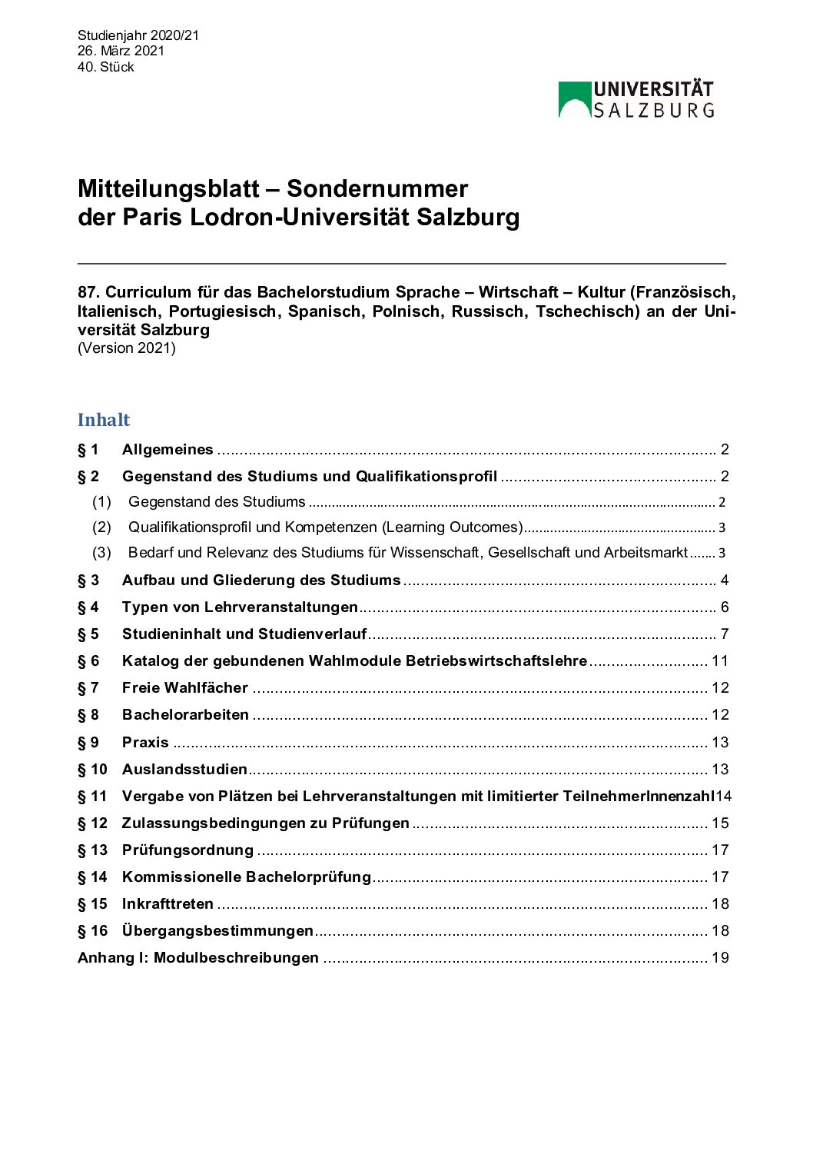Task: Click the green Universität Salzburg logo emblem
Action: (x=574, y=100)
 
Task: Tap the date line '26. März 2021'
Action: (x=121, y=51)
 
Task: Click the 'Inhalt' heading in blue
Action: (x=104, y=420)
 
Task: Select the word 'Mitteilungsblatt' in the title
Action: (x=168, y=189)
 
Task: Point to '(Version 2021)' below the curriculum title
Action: (x=127, y=348)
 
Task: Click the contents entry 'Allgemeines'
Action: (x=168, y=450)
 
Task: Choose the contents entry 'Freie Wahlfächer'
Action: (x=185, y=688)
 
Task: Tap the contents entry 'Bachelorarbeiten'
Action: (x=185, y=715)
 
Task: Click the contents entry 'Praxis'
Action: (x=145, y=742)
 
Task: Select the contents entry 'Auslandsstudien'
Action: (x=184, y=769)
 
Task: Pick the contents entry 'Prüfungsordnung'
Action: (x=187, y=850)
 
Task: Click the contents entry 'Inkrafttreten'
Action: (x=168, y=903)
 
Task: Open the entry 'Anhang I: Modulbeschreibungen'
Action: (x=198, y=957)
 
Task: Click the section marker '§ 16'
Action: (x=92, y=930)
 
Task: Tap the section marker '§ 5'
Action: (x=88, y=634)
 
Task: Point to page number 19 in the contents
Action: (x=720, y=957)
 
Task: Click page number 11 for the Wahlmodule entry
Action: (x=720, y=661)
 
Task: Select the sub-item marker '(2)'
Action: (x=101, y=527)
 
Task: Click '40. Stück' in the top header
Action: (x=105, y=67)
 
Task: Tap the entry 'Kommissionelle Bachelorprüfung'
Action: (x=247, y=877)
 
